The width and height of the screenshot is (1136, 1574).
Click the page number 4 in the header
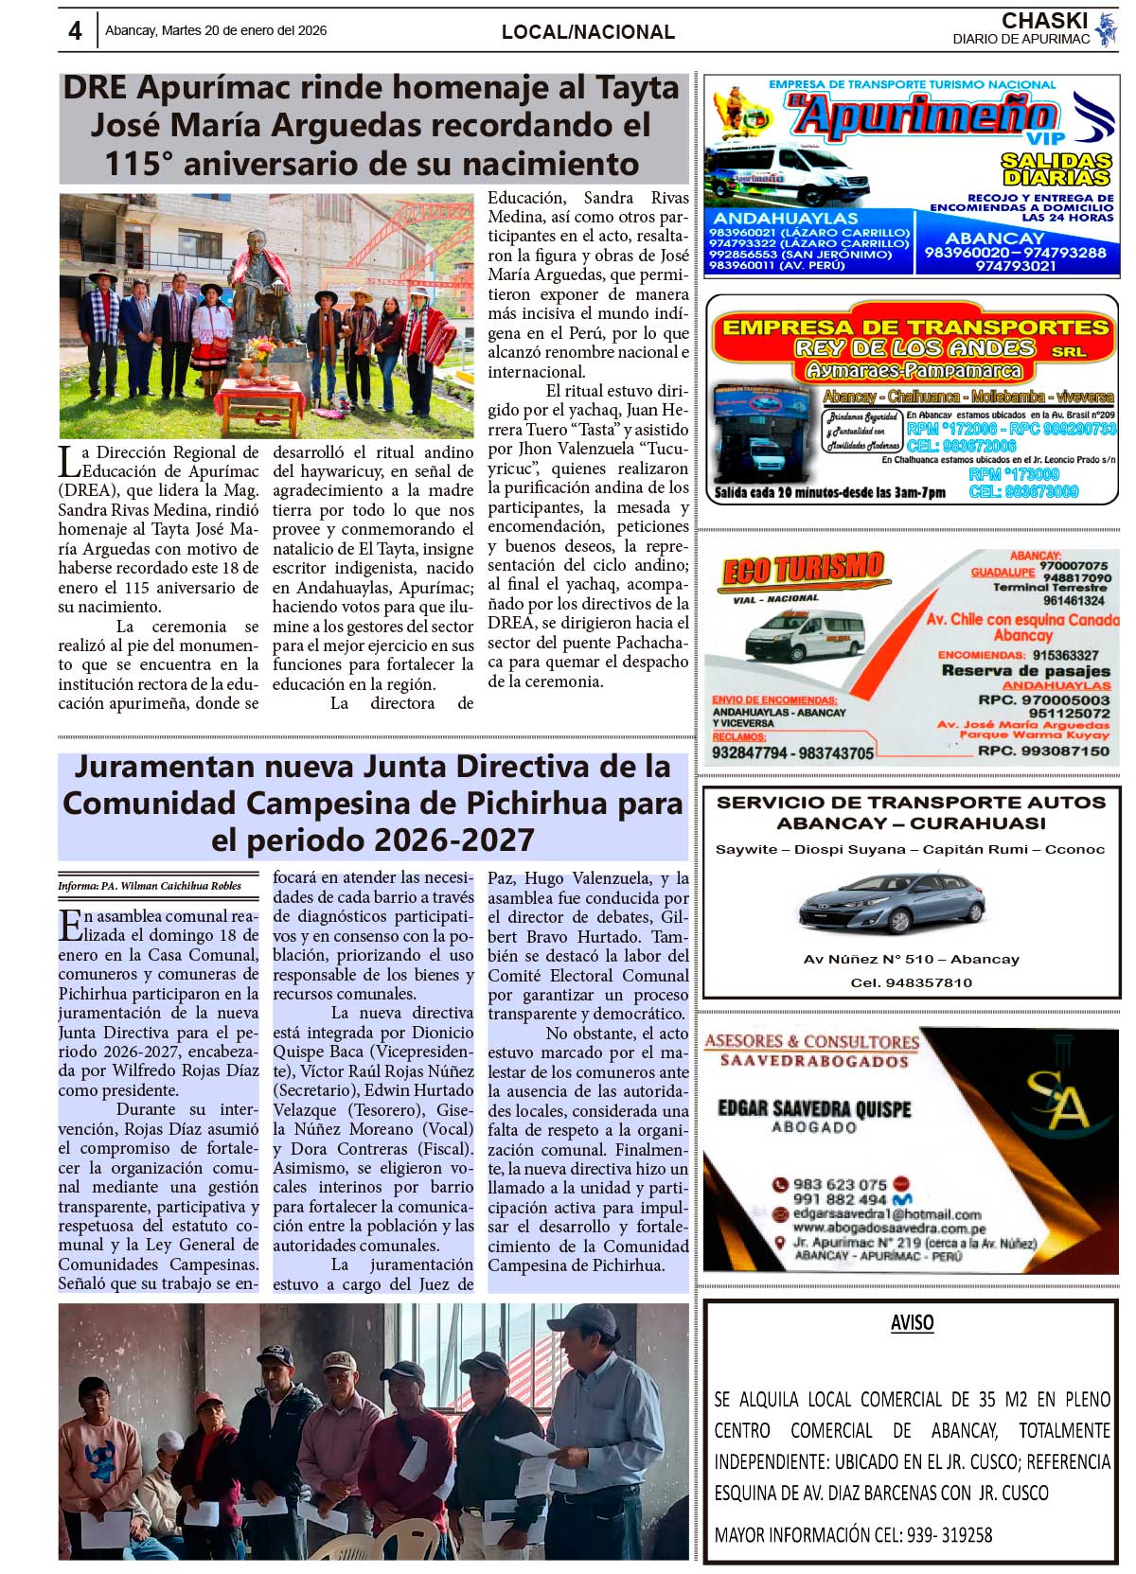point(75,31)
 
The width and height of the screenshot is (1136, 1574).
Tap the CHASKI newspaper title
point(1044,21)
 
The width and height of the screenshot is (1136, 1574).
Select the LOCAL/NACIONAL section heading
point(588,32)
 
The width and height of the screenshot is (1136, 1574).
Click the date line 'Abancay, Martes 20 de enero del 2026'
point(216,30)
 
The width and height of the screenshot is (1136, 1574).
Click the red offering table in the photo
point(255,398)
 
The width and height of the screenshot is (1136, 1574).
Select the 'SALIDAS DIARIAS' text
point(1056,169)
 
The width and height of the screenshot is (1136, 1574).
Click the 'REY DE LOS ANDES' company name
point(914,348)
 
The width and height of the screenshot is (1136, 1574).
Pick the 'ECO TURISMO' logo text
point(803,570)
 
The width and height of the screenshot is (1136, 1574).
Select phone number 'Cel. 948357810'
point(911,982)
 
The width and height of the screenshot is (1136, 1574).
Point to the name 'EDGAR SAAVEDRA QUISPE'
point(814,1108)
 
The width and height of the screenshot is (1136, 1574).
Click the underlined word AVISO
point(912,1323)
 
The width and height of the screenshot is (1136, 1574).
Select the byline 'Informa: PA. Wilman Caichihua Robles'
point(150,886)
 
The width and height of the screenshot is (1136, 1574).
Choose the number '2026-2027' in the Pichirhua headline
point(453,840)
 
